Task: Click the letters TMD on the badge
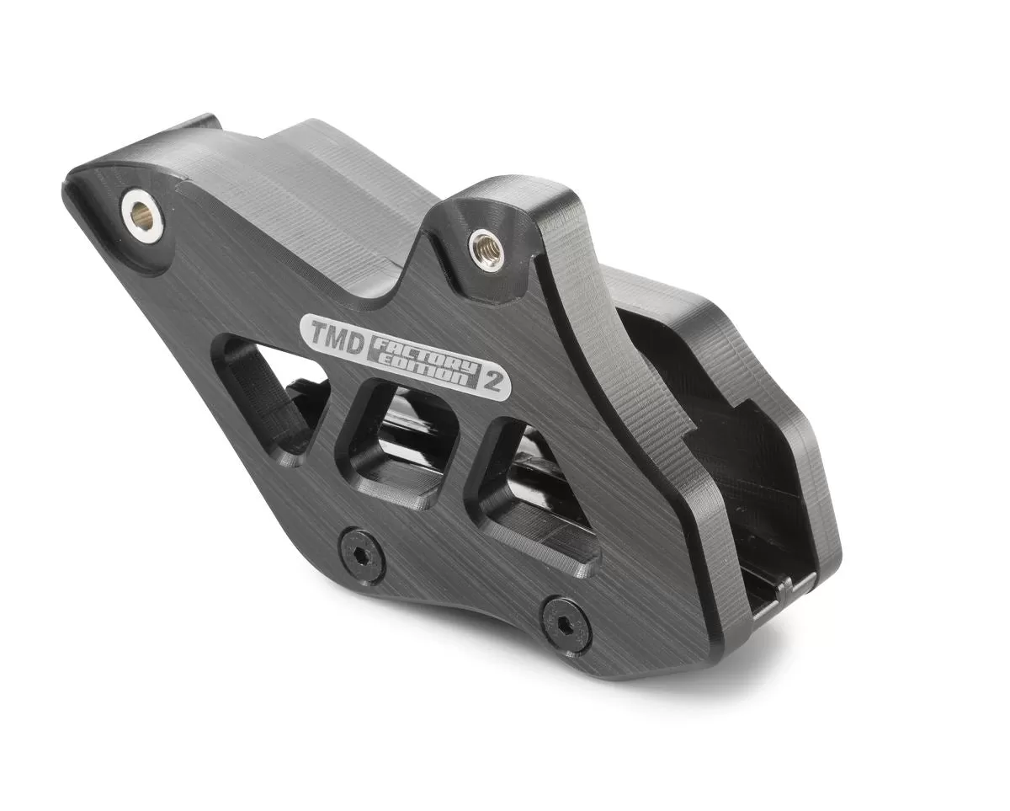click(333, 332)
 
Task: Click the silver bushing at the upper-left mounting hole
click(141, 216)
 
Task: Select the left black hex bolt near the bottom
click(362, 556)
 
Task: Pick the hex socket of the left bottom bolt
click(362, 556)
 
